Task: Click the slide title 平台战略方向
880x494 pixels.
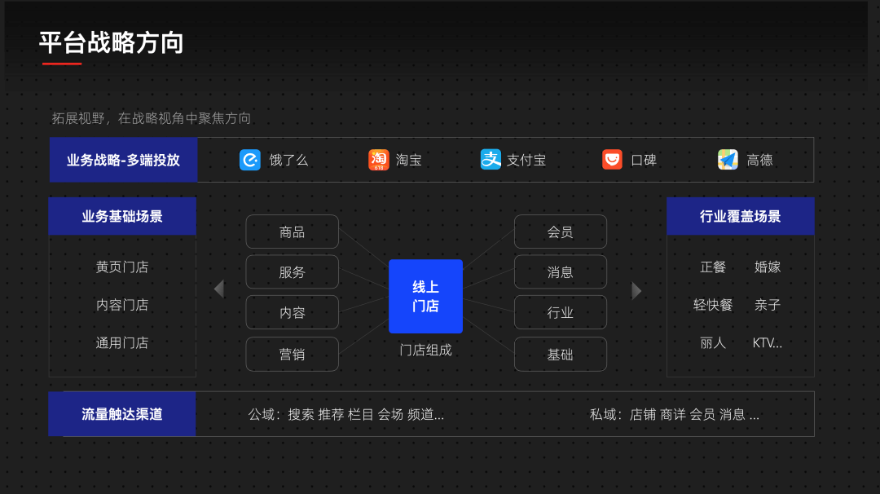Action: pyautogui.click(x=112, y=42)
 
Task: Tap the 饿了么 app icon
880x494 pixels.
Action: pyautogui.click(x=250, y=160)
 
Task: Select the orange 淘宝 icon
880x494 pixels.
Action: pyautogui.click(x=379, y=160)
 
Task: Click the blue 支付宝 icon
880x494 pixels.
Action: pyautogui.click(x=491, y=160)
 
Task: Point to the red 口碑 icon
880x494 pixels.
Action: pyautogui.click(x=612, y=160)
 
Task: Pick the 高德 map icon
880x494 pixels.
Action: pyautogui.click(x=728, y=160)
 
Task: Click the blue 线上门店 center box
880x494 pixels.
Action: pyautogui.click(x=425, y=296)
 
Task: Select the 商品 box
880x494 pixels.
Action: pyautogui.click(x=292, y=232)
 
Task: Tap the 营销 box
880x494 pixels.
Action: pyautogui.click(x=292, y=354)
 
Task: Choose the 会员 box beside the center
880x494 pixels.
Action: pyautogui.click(x=560, y=232)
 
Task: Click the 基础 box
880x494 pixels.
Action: pyautogui.click(x=560, y=354)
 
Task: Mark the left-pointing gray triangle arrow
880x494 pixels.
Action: pyautogui.click(x=218, y=289)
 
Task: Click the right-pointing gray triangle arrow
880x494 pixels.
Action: pyautogui.click(x=636, y=290)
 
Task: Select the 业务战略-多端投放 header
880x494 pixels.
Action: pyautogui.click(x=123, y=160)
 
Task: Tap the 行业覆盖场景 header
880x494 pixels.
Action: pyautogui.click(x=740, y=216)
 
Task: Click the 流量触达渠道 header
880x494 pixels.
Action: pyautogui.click(x=122, y=414)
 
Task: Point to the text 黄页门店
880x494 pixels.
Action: pyautogui.click(x=122, y=267)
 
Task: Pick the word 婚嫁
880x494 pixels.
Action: pyautogui.click(x=768, y=267)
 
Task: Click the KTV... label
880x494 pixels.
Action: pyautogui.click(x=767, y=342)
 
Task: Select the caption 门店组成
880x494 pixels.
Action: pyautogui.click(x=425, y=350)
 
